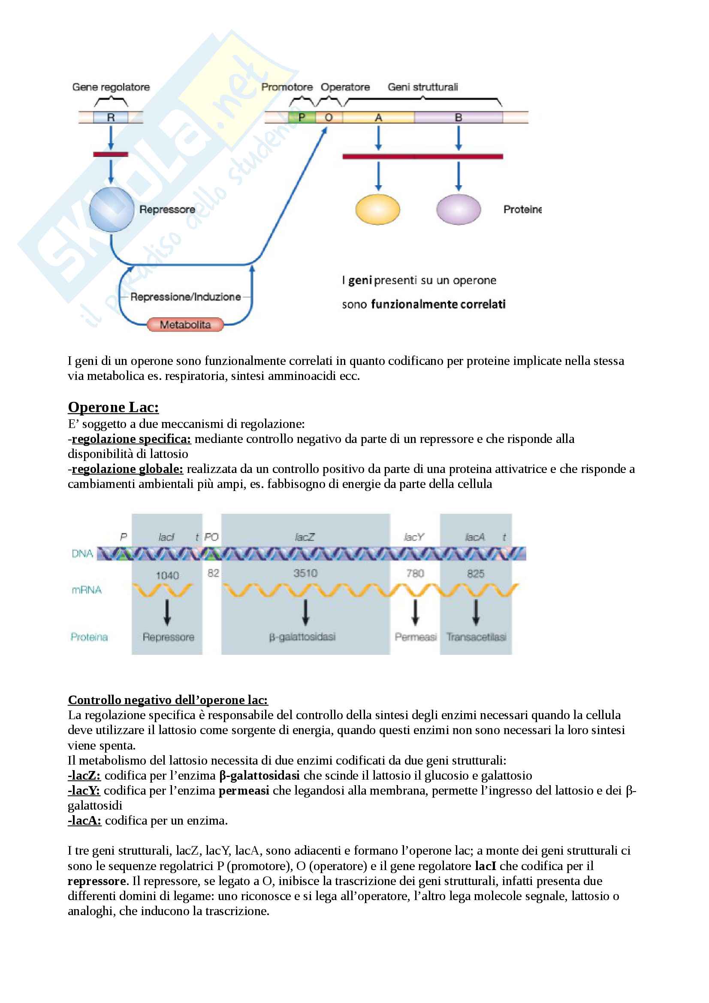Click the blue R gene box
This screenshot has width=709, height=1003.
(x=111, y=117)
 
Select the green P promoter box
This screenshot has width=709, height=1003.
(x=302, y=117)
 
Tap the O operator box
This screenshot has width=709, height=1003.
(x=329, y=117)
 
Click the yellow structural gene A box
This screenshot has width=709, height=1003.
(x=378, y=117)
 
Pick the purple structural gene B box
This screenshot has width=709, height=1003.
(x=458, y=117)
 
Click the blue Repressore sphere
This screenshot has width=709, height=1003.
(x=112, y=210)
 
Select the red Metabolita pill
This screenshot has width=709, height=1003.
(x=185, y=325)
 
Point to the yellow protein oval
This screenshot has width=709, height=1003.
(x=378, y=210)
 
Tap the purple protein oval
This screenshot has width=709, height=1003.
(x=458, y=210)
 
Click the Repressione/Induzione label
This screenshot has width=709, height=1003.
(x=186, y=297)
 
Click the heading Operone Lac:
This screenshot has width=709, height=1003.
(x=113, y=407)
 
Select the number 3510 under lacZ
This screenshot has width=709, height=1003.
(x=305, y=573)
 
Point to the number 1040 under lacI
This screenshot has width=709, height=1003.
(x=167, y=575)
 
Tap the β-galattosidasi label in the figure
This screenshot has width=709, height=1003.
(x=302, y=637)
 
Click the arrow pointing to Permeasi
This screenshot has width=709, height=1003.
(x=415, y=612)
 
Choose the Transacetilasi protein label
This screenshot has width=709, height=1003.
(x=476, y=637)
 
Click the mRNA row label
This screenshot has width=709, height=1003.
(x=87, y=590)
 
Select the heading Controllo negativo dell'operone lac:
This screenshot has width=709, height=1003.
(x=168, y=700)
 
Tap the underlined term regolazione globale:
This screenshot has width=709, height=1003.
(x=127, y=469)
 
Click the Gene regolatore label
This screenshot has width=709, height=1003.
(x=111, y=87)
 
